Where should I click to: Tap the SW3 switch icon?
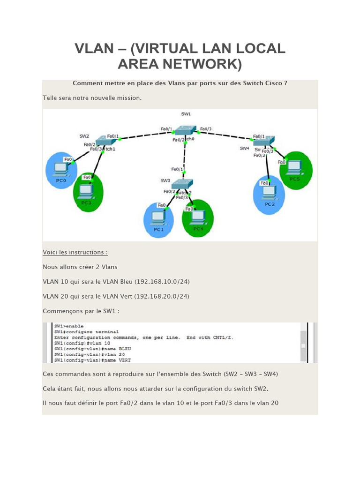(x=182, y=184)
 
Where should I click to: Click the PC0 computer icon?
(x=60, y=168)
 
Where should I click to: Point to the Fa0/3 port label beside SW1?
(x=206, y=129)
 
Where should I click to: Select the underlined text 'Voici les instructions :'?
(x=75, y=252)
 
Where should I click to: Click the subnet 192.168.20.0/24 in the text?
(x=162, y=296)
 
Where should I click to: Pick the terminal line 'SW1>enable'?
(x=68, y=325)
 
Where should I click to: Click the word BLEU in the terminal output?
(x=125, y=349)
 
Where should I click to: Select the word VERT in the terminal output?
(x=125, y=360)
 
